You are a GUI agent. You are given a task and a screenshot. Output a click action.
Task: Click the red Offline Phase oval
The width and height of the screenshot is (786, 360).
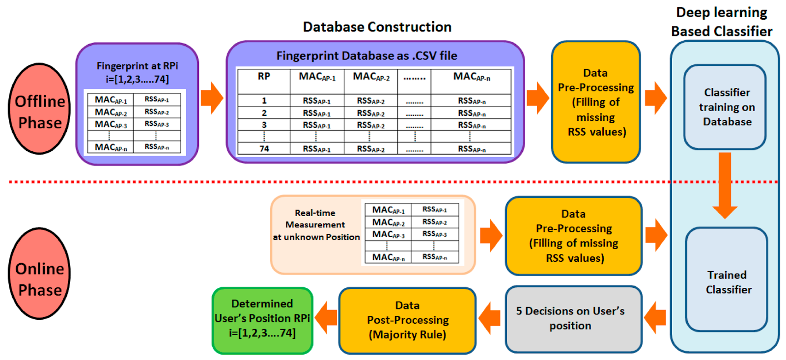coord(39,109)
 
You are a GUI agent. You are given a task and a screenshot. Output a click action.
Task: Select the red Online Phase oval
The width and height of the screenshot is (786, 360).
coord(39,274)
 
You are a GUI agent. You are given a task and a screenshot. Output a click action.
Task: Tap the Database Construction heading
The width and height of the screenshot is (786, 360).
coord(377,27)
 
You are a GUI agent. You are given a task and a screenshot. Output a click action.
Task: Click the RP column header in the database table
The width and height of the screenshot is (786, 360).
coord(264,77)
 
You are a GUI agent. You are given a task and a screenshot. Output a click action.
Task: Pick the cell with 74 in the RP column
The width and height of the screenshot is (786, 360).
coord(264,149)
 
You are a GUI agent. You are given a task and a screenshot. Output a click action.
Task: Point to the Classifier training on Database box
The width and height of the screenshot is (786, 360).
coord(726,107)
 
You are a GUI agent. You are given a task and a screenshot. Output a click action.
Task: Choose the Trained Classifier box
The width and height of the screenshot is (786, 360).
coord(727,280)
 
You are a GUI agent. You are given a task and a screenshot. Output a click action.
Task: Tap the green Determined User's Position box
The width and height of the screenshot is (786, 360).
coord(262,319)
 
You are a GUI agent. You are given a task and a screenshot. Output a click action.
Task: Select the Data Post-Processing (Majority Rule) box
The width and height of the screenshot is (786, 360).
coord(407,320)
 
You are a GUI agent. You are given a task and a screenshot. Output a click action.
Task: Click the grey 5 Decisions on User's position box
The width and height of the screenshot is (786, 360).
coord(573,319)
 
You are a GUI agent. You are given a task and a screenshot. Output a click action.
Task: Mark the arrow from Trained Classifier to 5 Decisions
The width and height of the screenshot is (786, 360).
coord(655,318)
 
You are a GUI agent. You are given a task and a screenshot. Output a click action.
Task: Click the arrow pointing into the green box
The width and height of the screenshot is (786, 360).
coord(326,318)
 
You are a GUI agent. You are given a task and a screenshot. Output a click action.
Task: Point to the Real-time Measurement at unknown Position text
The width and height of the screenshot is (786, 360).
coord(315,225)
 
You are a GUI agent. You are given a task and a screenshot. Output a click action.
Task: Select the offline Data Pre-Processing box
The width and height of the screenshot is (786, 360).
coord(596,102)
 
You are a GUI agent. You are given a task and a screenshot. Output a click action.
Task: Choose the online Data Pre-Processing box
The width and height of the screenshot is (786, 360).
coord(573,236)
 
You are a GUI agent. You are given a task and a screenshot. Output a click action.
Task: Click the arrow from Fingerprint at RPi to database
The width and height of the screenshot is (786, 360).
coord(212,98)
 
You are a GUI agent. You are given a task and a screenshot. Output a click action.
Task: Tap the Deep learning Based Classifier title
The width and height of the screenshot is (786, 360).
coord(722,22)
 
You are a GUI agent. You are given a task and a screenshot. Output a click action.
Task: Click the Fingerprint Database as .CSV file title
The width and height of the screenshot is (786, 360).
coord(366,56)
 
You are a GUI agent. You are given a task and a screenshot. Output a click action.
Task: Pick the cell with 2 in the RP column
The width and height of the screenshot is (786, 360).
coord(264,113)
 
